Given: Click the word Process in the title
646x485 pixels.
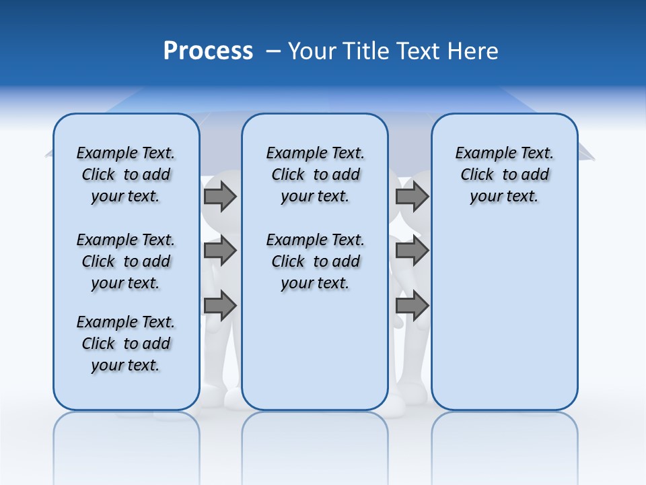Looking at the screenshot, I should point(208,51).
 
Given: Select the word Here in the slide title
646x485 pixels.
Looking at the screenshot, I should point(471,51).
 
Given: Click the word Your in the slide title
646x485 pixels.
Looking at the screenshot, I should point(313,51).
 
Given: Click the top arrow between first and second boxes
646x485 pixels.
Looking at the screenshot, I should point(220,196).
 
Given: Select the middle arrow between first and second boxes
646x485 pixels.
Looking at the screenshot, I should point(220,251).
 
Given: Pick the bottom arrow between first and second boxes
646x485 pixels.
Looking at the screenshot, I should point(220,306).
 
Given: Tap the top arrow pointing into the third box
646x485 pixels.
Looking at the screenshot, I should point(412,196).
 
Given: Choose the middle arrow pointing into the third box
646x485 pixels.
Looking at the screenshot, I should point(412,251).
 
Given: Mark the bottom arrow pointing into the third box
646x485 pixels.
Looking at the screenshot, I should point(412,306).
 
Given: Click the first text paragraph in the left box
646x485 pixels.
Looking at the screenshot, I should point(126,174).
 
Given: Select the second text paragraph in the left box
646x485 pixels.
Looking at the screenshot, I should point(126,261).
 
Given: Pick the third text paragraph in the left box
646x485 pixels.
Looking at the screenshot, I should point(126,344).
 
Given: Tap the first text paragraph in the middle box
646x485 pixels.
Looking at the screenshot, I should point(315,174).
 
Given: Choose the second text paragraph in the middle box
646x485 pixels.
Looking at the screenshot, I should point(315,261).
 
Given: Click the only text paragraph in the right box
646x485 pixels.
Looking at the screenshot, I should point(504,174).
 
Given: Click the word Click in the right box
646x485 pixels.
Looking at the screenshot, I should point(477,175).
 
